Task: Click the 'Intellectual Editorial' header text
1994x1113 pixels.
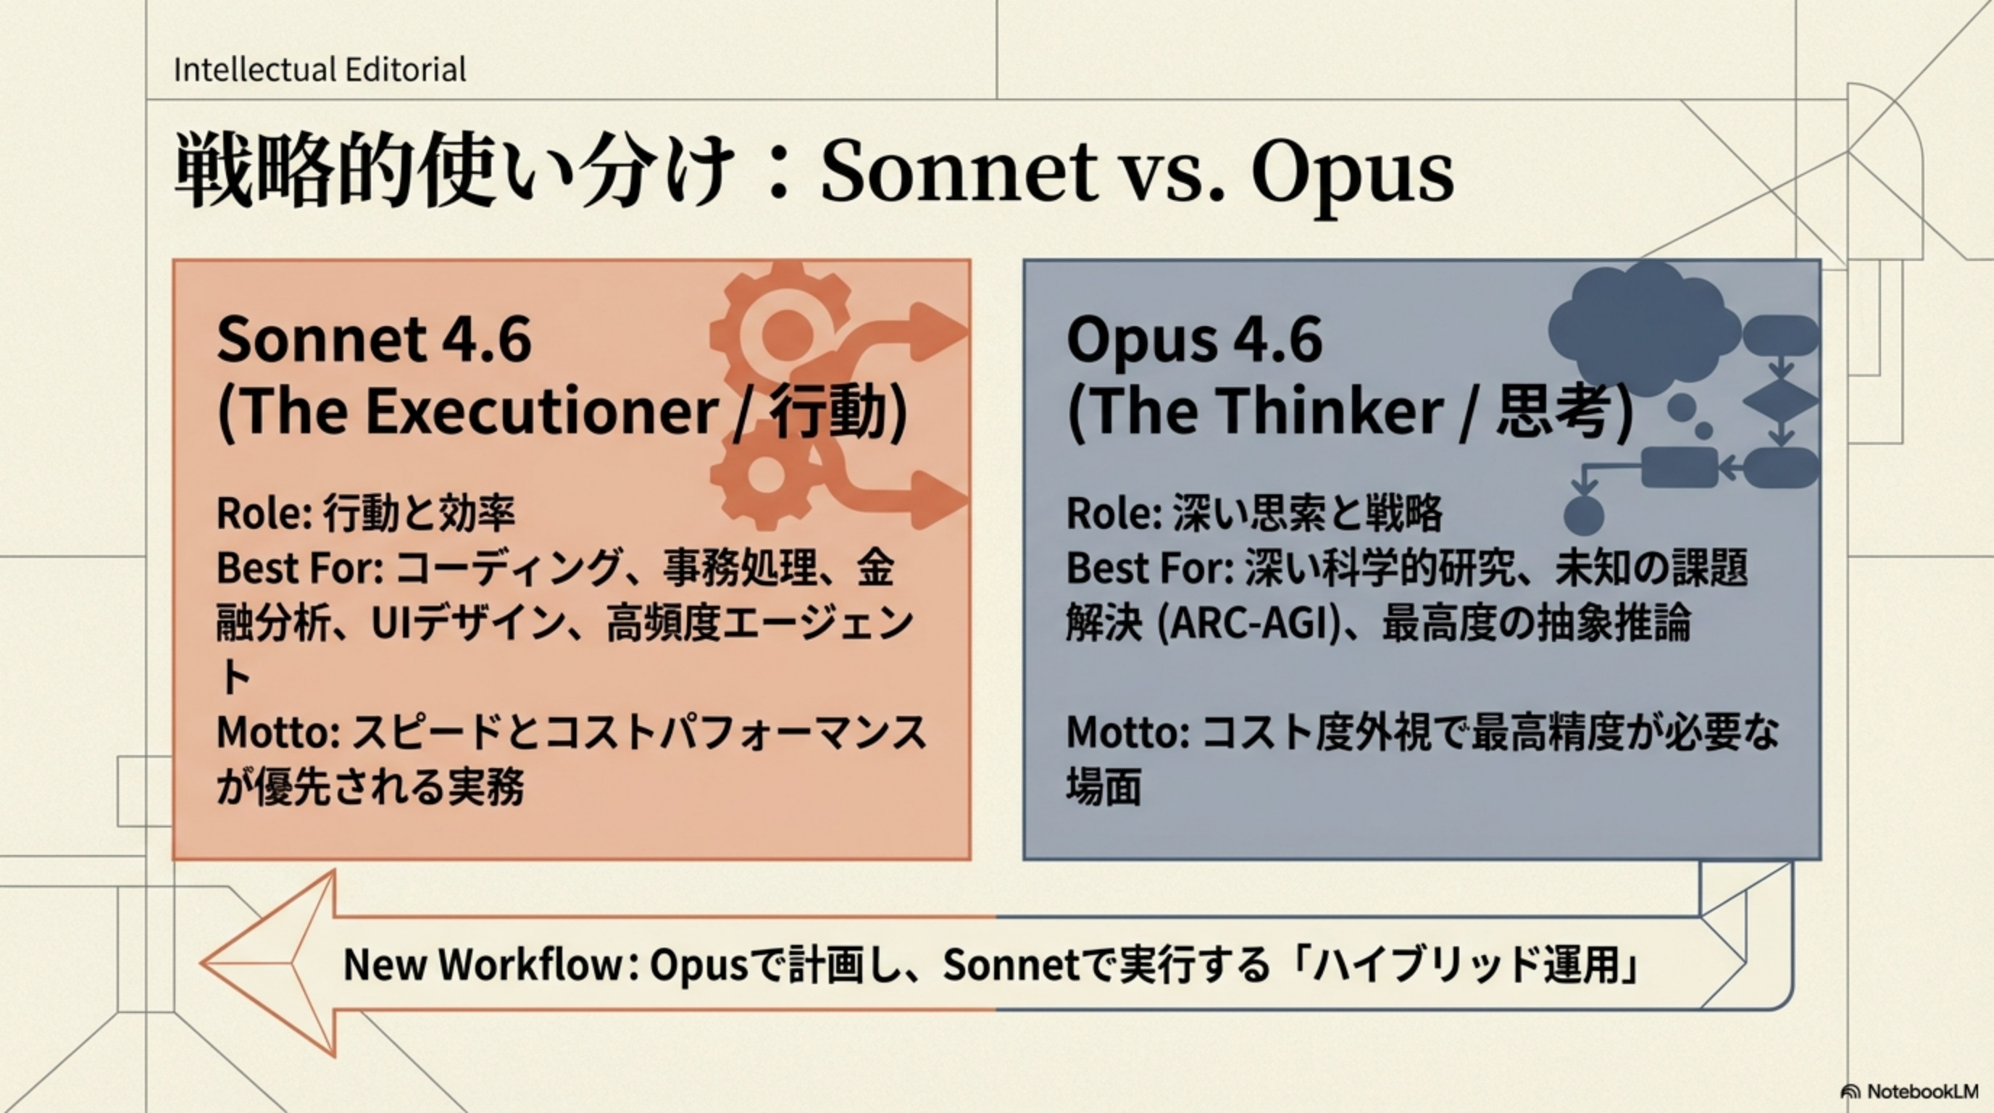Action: click(320, 70)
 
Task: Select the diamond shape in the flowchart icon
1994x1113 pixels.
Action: click(1781, 401)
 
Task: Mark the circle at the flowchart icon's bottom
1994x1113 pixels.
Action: click(1584, 514)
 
